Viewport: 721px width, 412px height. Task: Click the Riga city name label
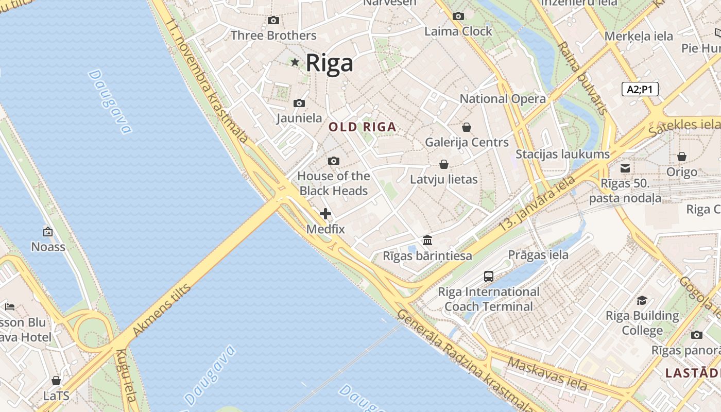330,63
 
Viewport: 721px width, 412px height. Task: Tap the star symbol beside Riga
295,62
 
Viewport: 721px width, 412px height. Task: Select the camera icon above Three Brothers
273,21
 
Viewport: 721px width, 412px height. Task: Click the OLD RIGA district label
363,127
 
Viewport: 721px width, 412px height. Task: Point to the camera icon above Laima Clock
458,16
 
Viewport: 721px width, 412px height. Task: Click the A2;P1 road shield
640,89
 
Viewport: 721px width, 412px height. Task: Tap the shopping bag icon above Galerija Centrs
467,127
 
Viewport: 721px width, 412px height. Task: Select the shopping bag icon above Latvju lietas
443,164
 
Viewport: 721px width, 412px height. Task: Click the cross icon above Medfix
325,214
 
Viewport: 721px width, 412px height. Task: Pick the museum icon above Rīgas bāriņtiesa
427,240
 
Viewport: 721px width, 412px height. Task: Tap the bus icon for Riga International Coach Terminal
489,277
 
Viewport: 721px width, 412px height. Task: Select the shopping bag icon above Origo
681,157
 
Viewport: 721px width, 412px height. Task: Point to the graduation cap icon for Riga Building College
642,300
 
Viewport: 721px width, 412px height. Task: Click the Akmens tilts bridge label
162,310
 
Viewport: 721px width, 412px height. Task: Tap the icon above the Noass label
48,232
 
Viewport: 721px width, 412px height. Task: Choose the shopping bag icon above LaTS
56,381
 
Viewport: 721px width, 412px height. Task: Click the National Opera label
503,99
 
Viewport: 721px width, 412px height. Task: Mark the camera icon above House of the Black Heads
333,161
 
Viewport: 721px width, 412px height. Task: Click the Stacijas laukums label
562,154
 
